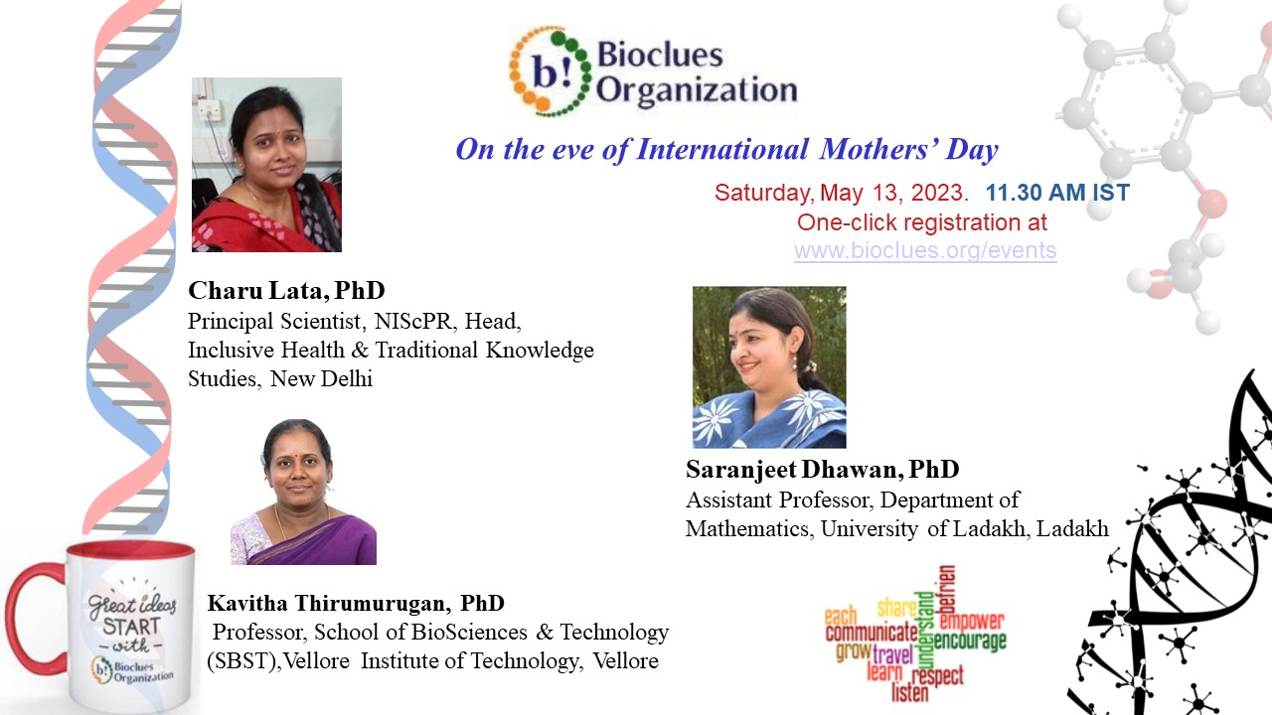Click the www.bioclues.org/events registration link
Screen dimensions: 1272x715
(925, 250)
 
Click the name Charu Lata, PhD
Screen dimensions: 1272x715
(286, 291)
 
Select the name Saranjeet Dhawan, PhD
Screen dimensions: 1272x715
(822, 470)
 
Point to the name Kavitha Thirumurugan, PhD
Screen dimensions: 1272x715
(356, 603)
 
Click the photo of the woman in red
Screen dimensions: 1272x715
(266, 165)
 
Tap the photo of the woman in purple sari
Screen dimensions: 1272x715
(303, 492)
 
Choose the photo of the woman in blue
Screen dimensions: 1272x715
(769, 367)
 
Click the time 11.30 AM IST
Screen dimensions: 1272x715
(1057, 193)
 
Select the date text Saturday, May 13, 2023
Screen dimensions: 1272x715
(842, 193)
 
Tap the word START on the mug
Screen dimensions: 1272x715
(131, 627)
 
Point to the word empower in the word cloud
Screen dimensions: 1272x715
(972, 621)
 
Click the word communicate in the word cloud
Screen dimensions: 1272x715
(872, 632)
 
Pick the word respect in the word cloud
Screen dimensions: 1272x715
(937, 675)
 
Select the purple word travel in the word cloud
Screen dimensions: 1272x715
(892, 654)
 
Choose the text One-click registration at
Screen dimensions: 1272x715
(922, 222)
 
